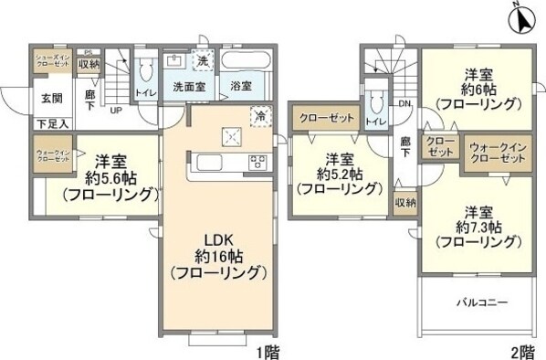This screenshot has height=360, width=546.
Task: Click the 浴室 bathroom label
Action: point(241,88)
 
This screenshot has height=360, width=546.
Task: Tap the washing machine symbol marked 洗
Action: point(203,59)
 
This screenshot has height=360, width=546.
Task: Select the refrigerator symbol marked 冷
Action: point(260,116)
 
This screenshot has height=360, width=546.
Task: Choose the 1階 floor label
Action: point(266,351)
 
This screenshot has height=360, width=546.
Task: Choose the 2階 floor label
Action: point(521,351)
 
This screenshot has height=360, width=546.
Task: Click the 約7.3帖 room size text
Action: point(478,225)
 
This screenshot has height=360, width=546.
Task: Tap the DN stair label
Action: point(404,103)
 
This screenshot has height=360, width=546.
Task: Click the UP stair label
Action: point(116,111)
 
